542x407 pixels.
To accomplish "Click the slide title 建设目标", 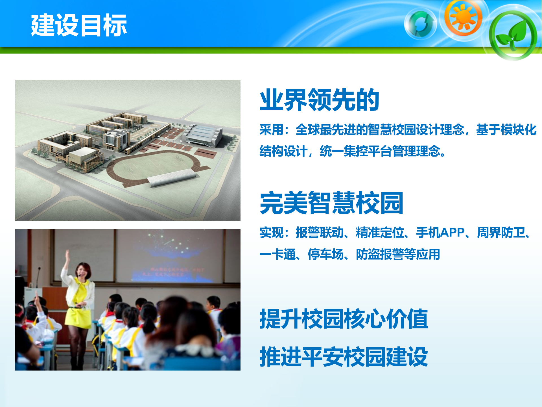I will pyautogui.click(x=79, y=25).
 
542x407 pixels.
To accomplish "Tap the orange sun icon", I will pyautogui.click(x=463, y=18).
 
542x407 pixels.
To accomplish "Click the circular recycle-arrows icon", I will pyautogui.click(x=420, y=24).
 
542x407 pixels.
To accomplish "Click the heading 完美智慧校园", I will pyautogui.click(x=331, y=203).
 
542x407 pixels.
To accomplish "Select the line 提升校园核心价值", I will pyautogui.click(x=344, y=319).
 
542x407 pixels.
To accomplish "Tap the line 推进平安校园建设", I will pyautogui.click(x=344, y=357).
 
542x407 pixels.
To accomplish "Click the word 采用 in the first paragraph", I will pyautogui.click(x=271, y=130).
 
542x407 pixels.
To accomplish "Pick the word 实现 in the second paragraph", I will pyautogui.click(x=271, y=233).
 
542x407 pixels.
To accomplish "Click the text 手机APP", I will pyautogui.click(x=440, y=233).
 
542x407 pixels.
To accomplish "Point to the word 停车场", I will pyautogui.click(x=325, y=254).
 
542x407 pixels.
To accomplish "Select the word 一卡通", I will pyautogui.click(x=277, y=254).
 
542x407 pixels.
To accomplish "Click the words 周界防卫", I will pyautogui.click(x=501, y=233).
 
